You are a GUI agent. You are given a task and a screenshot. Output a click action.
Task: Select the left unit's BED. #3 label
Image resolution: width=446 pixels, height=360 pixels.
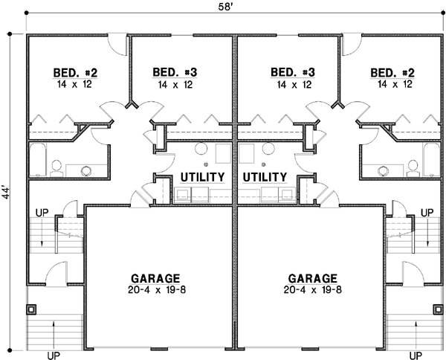(x=174, y=72)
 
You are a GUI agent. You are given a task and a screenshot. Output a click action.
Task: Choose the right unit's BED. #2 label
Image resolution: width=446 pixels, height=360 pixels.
(x=392, y=72)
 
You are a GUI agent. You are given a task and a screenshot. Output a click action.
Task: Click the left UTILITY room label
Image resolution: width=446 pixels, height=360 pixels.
(x=203, y=177)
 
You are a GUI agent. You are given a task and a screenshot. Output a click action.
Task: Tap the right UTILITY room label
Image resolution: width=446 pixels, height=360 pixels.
(x=265, y=177)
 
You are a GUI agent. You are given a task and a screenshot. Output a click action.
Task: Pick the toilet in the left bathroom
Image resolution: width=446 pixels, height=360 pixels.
(x=85, y=170)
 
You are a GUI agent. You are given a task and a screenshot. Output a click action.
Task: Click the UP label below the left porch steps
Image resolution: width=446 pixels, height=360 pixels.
(x=54, y=355)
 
